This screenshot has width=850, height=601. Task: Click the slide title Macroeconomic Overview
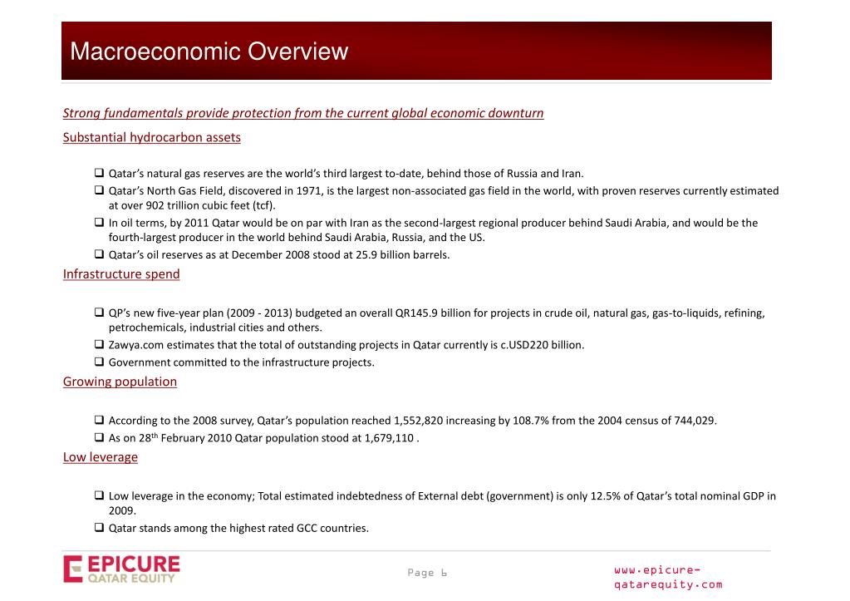pos(209,52)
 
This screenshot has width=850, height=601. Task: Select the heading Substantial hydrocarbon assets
pos(151,137)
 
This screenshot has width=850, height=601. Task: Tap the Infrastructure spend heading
pos(121,273)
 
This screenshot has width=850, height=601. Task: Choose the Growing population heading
pos(120,382)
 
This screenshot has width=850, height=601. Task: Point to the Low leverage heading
pos(101,456)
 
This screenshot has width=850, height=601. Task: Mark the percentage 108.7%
pos(531,421)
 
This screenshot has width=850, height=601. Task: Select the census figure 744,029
pos(695,421)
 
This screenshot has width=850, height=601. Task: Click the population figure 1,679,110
pos(382,438)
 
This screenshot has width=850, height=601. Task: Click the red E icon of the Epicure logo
pos(73,569)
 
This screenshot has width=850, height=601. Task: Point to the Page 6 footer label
pos(427,573)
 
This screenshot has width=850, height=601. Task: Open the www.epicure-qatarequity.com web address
pos(667,577)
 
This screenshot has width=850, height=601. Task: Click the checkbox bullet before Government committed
pos(99,362)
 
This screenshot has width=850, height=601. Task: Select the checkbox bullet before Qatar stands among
pos(99,528)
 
